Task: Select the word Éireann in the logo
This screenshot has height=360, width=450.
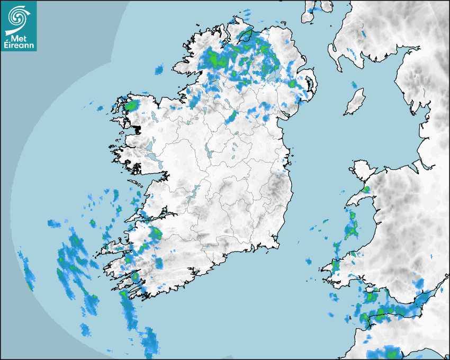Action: tap(19, 45)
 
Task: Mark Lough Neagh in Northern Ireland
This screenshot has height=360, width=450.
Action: tap(273, 75)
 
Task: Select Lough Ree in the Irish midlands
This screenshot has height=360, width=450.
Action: tap(209, 152)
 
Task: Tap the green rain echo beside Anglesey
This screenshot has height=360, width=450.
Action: tap(366, 188)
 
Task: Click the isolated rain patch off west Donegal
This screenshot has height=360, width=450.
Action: tap(159, 69)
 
